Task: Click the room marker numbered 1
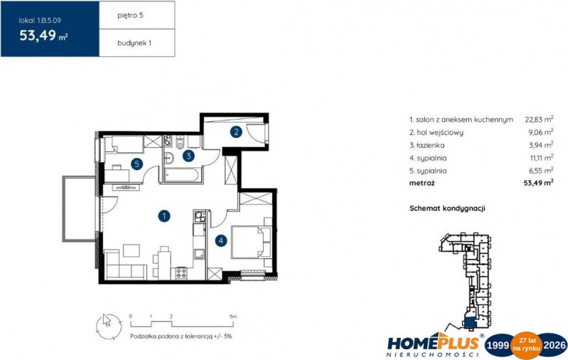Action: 164,216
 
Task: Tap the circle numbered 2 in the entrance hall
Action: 236,132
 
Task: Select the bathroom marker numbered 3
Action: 188,156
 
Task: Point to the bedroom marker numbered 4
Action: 220,240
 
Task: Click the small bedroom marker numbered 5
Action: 136,164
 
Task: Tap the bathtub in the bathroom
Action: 181,175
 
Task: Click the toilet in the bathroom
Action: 180,142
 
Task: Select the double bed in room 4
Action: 252,242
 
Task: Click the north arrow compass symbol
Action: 109,327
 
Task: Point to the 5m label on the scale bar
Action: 233,317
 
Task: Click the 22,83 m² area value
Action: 539,119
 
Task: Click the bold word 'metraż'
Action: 422,183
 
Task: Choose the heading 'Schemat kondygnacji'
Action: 447,208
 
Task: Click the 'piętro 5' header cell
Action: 137,15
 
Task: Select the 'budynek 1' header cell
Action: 137,43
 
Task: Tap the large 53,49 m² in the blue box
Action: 43,36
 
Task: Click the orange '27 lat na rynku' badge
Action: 527,345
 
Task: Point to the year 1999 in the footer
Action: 498,345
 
